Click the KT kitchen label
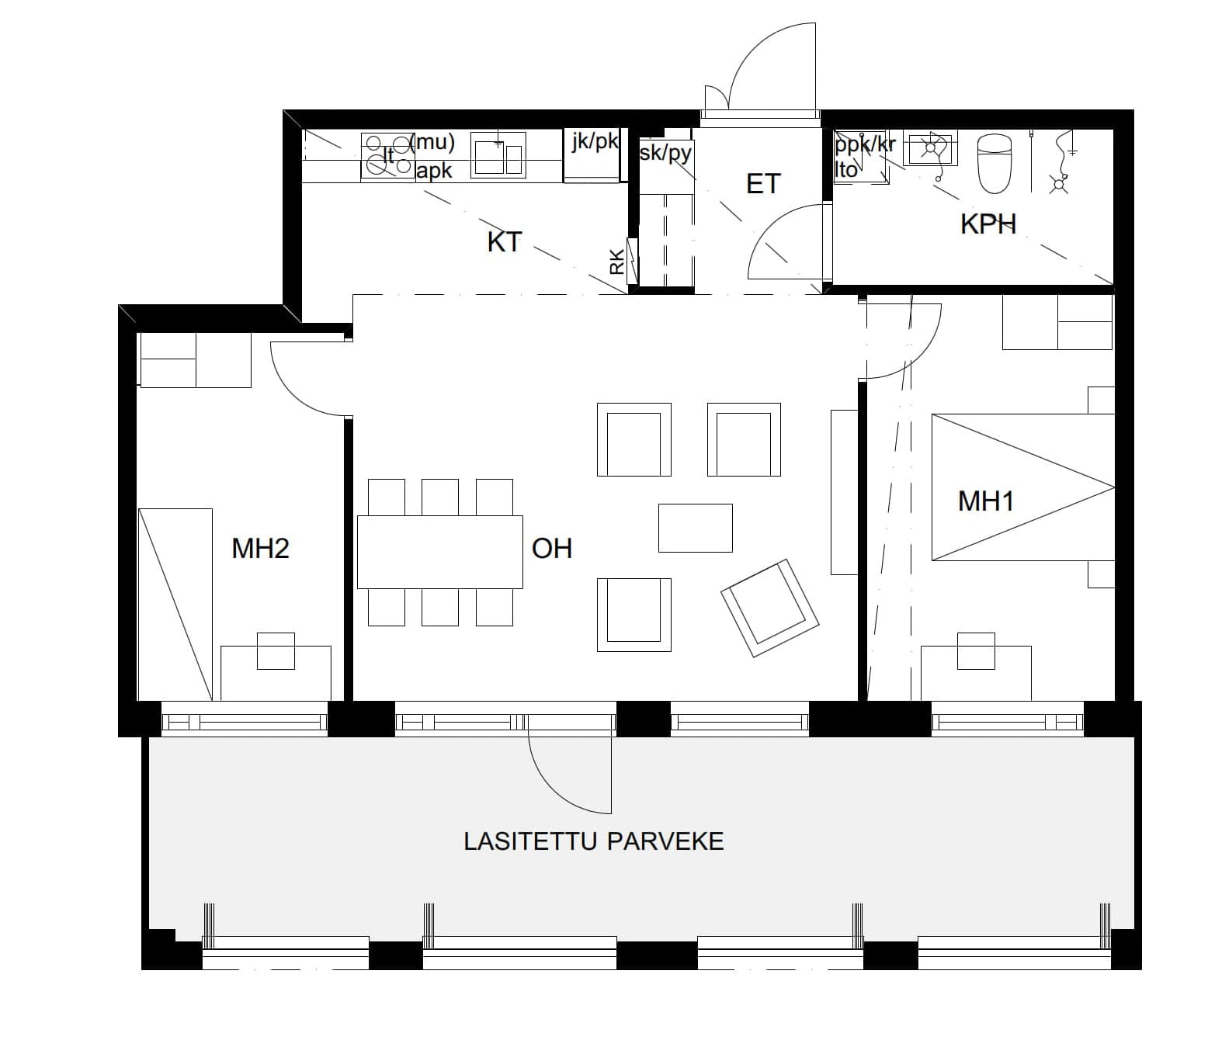point(505,242)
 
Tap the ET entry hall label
point(763,184)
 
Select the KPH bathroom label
point(988,224)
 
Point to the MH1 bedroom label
point(985,501)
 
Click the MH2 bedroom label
point(260,548)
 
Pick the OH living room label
point(552,548)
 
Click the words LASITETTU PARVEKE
point(594,841)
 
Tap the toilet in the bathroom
point(994,164)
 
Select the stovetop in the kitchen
point(388,157)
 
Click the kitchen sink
point(498,154)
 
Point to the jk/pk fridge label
point(595,140)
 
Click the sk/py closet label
point(665,152)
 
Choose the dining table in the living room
point(440,552)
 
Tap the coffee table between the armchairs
point(696,528)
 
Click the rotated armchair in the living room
point(769,608)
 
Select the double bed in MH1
point(1022,487)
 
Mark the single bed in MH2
point(175,604)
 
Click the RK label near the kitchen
point(617,262)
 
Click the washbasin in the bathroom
point(930,147)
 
